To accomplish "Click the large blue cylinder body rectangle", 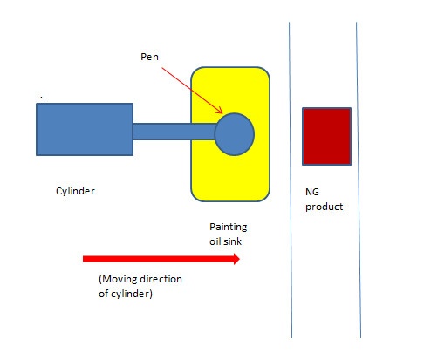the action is (85, 129).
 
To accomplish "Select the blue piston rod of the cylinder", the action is (174, 132).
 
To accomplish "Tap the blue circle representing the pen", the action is (235, 134).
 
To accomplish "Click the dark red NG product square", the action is (326, 136).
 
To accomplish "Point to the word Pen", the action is (149, 57).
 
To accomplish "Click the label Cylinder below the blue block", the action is (75, 191).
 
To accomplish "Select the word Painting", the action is (229, 227).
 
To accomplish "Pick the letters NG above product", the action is (312, 192).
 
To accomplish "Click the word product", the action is (324, 207).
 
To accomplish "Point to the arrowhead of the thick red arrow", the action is (236, 259).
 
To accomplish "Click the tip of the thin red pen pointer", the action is (222, 113).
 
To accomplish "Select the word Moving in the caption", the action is (119, 279).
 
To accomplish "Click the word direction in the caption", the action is (161, 279).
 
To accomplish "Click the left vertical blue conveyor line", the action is (291, 180).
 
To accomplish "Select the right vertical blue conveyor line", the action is (359, 180).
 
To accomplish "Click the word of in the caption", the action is (104, 294).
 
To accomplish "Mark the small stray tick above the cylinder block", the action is (42, 98).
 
